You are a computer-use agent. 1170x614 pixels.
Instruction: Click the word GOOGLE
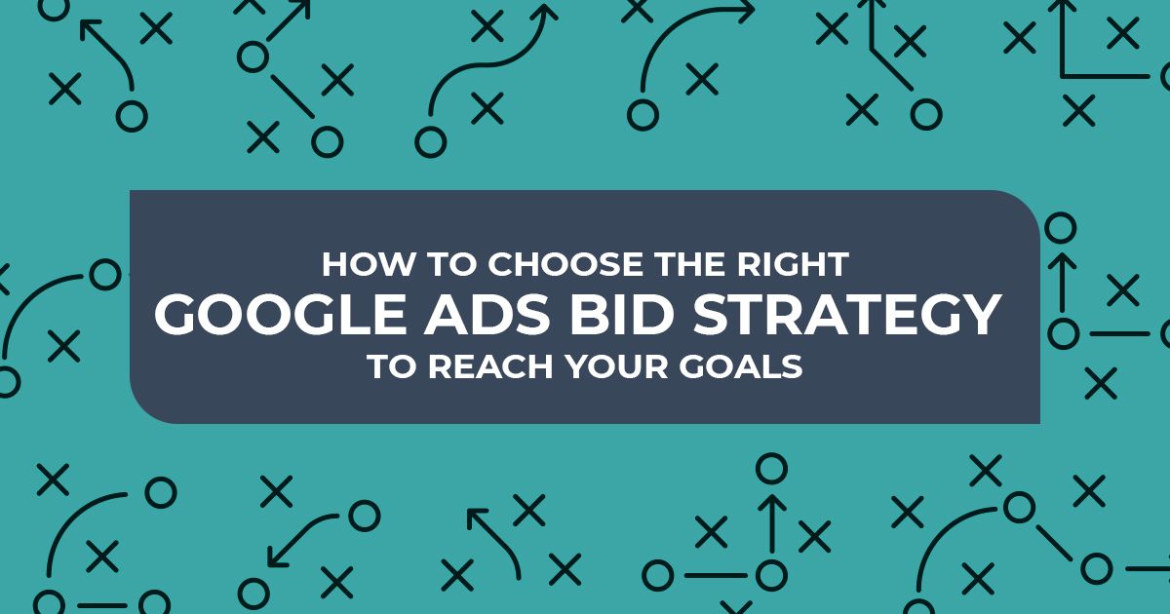pyautogui.click(x=280, y=315)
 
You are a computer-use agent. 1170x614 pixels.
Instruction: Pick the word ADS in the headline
pyautogui.click(x=487, y=315)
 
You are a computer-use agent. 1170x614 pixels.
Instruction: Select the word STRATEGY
pyautogui.click(x=847, y=315)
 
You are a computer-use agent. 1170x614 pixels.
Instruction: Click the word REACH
pyautogui.click(x=490, y=366)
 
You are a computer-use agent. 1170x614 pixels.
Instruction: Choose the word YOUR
pyautogui.click(x=617, y=366)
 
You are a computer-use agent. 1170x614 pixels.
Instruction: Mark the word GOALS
pyautogui.click(x=741, y=366)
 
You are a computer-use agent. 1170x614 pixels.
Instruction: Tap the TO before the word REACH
pyautogui.click(x=392, y=366)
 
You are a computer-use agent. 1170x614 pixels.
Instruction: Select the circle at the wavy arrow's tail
pyautogui.click(x=430, y=142)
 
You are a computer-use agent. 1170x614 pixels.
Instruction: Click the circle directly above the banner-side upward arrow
pyautogui.click(x=1061, y=228)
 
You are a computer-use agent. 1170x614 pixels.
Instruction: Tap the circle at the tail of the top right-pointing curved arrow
pyautogui.click(x=642, y=115)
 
